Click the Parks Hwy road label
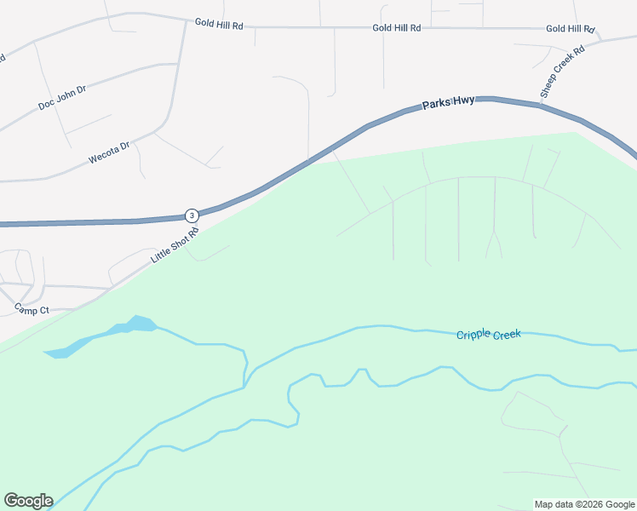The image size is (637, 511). click(448, 103)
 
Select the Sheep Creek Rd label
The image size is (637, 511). click(563, 72)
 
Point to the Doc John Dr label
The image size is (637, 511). click(62, 98)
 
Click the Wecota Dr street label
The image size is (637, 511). click(109, 152)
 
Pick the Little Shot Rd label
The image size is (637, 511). click(175, 244)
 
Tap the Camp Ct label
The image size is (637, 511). click(32, 310)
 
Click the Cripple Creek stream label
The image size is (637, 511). click(488, 335)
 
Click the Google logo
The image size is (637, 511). click(28, 501)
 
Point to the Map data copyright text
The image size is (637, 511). click(584, 504)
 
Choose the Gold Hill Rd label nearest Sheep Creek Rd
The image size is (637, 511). click(569, 29)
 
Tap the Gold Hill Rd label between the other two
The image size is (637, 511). click(397, 28)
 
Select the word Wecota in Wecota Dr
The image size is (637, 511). click(104, 155)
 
